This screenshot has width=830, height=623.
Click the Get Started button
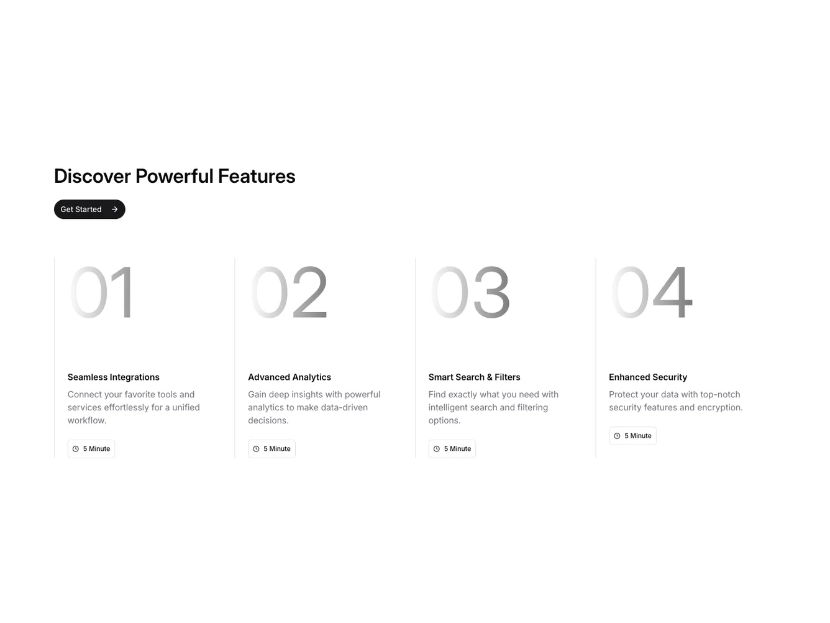[89, 210]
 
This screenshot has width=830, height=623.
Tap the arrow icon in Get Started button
[114, 210]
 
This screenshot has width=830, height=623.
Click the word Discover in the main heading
[92, 176]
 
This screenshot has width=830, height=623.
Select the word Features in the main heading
[256, 176]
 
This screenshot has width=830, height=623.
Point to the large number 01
[101, 292]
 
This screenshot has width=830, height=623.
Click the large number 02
[288, 292]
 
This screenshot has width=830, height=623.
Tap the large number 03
[470, 292]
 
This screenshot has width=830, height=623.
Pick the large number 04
[651, 292]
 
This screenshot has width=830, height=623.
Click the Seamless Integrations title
[113, 377]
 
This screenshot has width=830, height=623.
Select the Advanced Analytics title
[289, 377]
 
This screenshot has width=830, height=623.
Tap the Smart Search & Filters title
[474, 377]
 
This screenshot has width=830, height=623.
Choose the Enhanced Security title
[647, 377]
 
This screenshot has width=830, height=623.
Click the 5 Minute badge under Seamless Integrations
[91, 449]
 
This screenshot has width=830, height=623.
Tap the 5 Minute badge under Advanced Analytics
[271, 449]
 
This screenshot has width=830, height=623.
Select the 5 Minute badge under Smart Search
[452, 449]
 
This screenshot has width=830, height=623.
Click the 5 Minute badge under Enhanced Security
[632, 436]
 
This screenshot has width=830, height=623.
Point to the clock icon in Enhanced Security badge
[617, 436]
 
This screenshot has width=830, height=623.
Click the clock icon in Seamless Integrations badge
[76, 449]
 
